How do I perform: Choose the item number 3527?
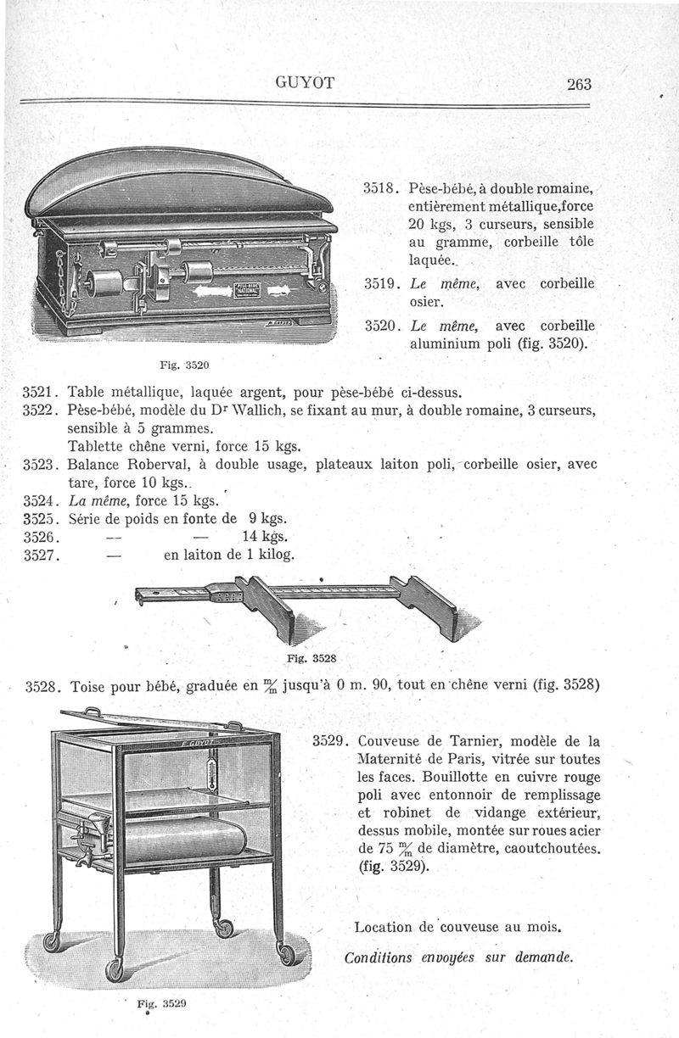pos(37,555)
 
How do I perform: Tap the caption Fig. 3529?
pos(162,1001)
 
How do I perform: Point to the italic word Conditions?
pos(378,958)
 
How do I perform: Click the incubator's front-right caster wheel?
pos(289,955)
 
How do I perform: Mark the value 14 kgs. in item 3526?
pos(263,537)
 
